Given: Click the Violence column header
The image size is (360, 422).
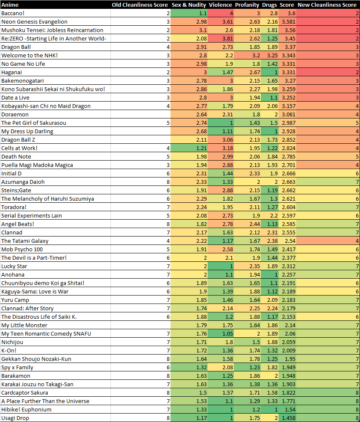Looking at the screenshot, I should tap(220, 5).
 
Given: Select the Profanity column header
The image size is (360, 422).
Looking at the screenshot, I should tap(246, 5).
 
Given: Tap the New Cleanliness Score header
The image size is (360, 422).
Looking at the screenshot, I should tap(327, 5).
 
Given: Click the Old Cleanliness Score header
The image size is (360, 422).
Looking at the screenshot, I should tap(140, 5).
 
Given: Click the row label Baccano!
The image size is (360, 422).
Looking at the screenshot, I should tap(13, 13).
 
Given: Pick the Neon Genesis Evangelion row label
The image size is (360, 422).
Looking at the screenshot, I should tap(34, 22).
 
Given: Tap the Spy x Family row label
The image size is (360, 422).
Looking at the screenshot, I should tap(17, 367).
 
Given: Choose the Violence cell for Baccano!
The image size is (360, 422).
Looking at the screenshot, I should tap(220, 13).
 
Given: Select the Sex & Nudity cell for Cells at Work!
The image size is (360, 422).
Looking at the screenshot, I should tap(189, 148).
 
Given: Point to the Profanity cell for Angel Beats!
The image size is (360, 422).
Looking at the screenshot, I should tap(246, 224).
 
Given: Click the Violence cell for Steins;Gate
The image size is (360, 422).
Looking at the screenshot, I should tap(220, 191).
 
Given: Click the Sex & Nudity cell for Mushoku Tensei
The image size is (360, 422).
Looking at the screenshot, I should tap(189, 30).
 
